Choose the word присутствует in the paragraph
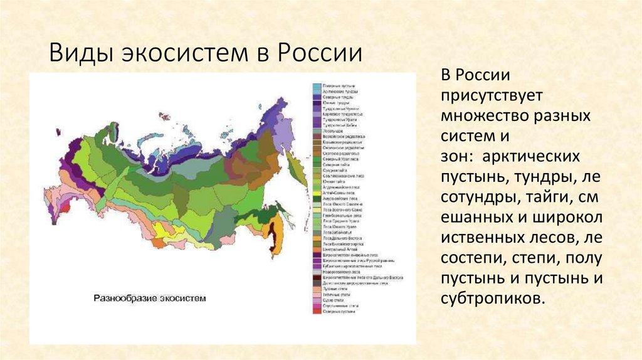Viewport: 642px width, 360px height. point(486,96)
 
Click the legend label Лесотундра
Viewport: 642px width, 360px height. point(333,131)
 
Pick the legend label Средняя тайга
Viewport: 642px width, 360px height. point(335,170)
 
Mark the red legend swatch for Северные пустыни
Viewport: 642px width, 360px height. point(316,312)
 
